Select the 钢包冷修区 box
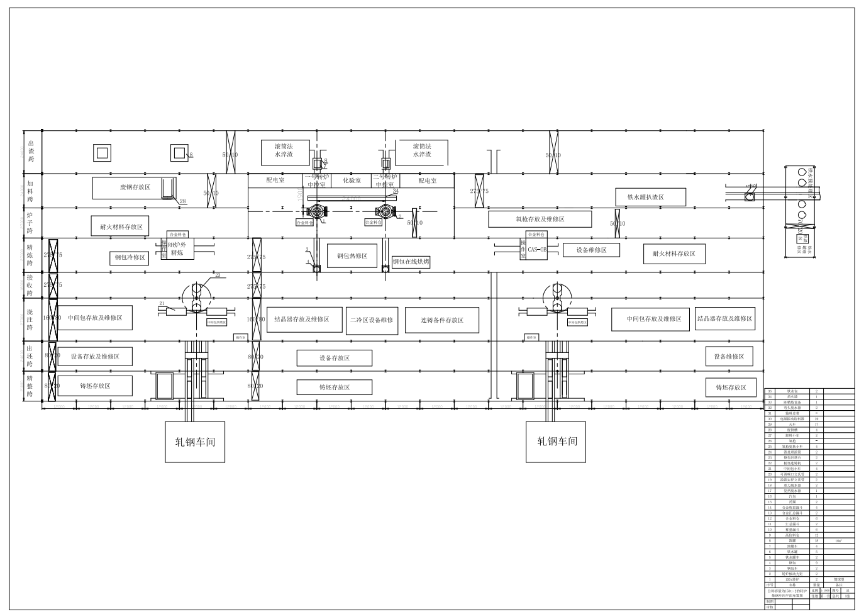tap(130, 257)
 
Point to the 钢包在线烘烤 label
tap(411, 261)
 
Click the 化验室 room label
tap(352, 181)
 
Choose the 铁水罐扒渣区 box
tap(645, 197)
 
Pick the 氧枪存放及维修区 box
tap(540, 219)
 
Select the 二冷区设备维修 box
tap(372, 320)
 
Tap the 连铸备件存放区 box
tap(441, 320)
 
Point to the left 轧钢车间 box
tap(195, 442)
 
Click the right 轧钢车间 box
tap(557, 442)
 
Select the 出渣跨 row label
tap(31, 151)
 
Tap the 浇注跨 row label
tap(30, 319)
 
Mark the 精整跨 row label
tap(30, 386)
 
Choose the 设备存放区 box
tap(334, 358)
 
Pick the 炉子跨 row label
tap(30, 223)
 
